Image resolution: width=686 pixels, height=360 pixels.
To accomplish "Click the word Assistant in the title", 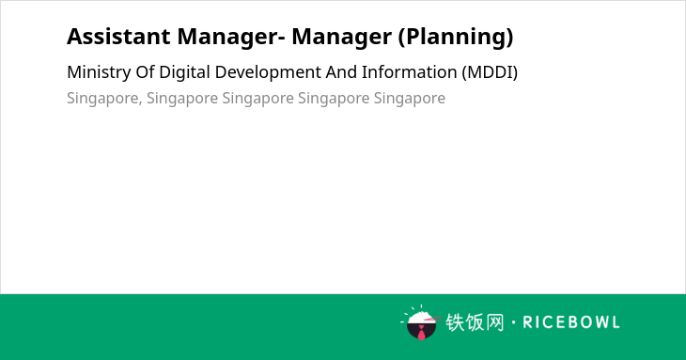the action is click(118, 37).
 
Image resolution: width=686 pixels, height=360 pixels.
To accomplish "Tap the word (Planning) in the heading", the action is click(456, 38).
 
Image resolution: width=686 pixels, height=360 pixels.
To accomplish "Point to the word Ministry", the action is click(99, 72).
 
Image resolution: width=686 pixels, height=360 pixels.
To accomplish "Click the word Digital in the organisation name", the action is click(184, 72).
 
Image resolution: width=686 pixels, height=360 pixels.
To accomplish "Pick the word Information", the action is click(409, 72).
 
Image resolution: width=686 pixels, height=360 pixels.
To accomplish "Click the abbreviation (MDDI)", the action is click(490, 72).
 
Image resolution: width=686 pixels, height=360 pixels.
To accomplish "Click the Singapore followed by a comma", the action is click(104, 99).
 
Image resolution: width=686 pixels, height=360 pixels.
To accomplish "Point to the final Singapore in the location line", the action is click(410, 99).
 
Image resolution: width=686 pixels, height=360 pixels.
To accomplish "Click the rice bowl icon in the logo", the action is click(421, 322).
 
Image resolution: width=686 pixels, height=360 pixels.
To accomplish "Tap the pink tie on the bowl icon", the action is click(421, 333).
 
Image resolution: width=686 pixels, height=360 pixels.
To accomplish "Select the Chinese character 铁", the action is click(455, 322).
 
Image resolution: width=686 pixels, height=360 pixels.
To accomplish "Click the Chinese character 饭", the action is click(475, 322).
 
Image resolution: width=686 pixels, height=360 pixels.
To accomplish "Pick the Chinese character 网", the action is click(495, 322).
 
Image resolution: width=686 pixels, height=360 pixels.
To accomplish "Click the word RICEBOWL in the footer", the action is click(571, 322).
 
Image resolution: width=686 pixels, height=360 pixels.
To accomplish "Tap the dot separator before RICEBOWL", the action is click(513, 322).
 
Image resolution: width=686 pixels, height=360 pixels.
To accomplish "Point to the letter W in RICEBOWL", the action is click(599, 322).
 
